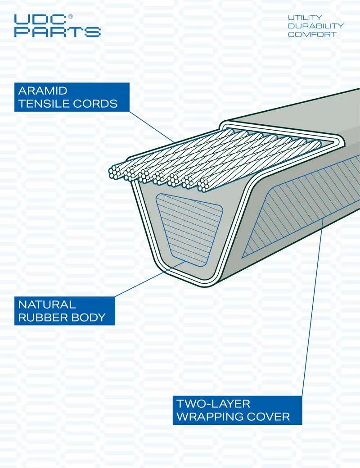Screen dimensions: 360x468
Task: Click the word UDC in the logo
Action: pos(40,20)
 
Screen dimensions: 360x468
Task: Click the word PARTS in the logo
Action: pos(58,32)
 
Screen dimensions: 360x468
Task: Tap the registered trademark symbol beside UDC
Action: pos(70,17)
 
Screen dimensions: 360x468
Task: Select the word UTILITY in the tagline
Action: pos(305,18)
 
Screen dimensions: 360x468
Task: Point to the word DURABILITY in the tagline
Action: pos(315,26)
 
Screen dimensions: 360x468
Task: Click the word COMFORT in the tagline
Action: pos(312,34)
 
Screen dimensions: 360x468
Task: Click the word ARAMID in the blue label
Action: pos(43,91)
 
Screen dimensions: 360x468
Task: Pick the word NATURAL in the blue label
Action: pos(47,304)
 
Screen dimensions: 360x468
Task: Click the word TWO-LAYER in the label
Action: pos(213,404)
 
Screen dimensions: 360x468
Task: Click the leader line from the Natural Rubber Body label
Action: pos(150,278)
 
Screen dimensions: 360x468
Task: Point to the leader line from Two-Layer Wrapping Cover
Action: pos(313,308)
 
